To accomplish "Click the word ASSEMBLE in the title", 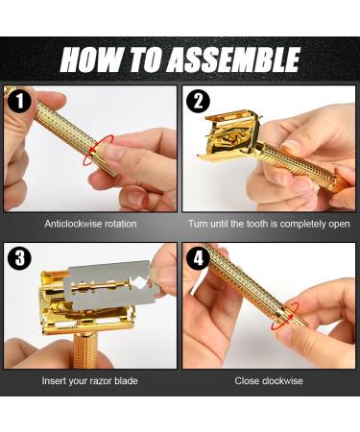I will point(232,60).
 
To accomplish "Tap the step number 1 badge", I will point(20,100).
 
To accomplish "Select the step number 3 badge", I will point(20,257).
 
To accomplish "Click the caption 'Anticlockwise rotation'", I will point(90,224).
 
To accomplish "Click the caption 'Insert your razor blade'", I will point(90,381).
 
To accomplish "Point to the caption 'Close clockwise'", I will point(269,381).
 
